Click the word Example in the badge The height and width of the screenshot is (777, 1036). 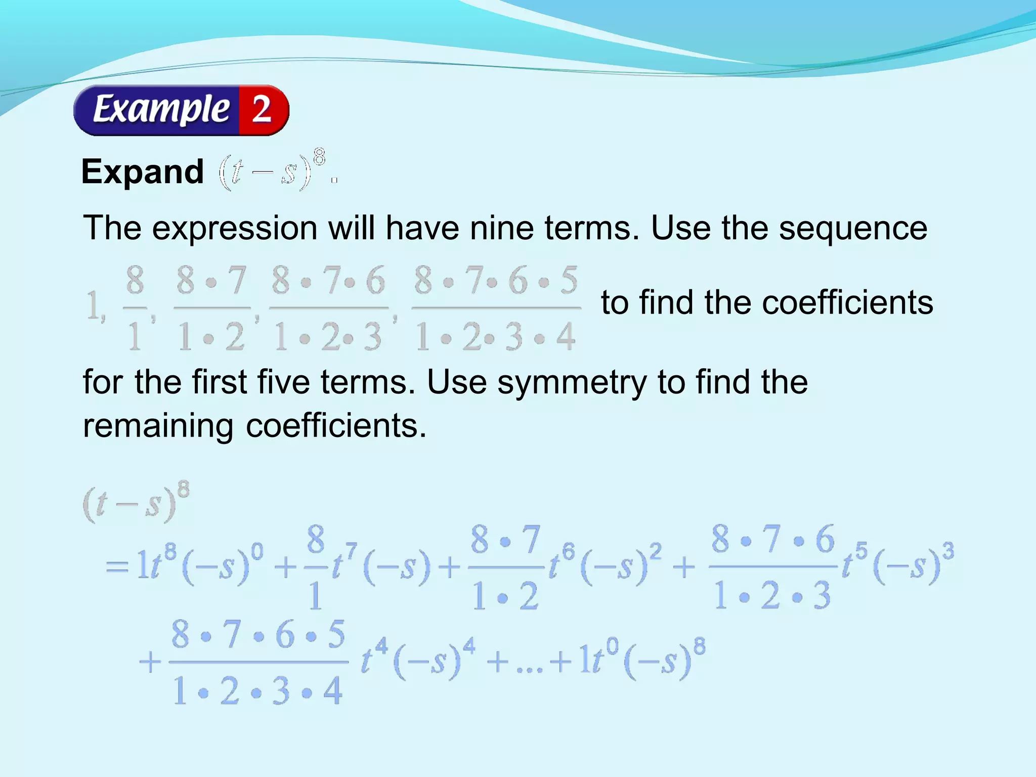(x=161, y=110)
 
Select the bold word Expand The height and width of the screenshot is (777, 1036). (x=143, y=172)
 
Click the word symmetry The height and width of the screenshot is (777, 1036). (x=572, y=382)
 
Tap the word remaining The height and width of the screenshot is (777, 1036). (x=158, y=426)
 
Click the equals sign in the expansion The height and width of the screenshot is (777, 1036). (x=117, y=567)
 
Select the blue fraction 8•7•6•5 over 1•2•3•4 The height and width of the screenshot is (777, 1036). (x=258, y=663)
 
